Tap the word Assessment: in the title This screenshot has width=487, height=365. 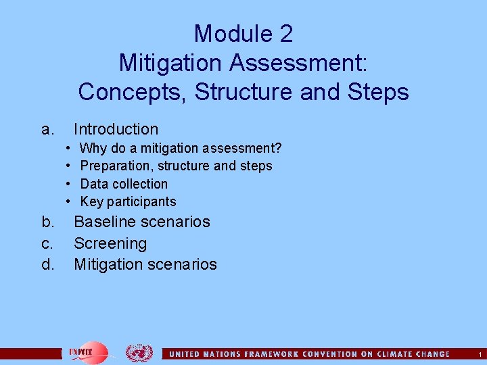[299, 62]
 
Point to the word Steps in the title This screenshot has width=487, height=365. [375, 91]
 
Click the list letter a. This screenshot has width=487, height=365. [46, 129]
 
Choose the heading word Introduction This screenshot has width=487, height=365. [116, 129]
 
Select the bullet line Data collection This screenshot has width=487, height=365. [124, 184]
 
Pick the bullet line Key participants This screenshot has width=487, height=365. [128, 201]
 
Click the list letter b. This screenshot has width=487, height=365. [47, 222]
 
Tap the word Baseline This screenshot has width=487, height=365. [105, 222]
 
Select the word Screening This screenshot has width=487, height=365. [110, 243]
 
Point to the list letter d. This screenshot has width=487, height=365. [47, 264]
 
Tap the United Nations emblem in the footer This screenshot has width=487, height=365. [139, 353]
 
